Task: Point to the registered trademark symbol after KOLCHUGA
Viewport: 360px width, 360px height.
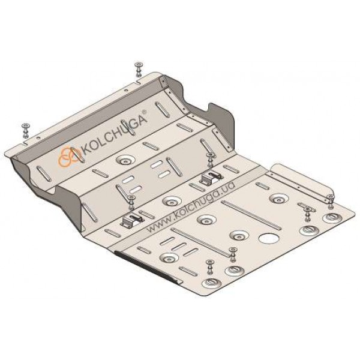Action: point(144,112)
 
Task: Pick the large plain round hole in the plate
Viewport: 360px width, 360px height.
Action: point(269,239)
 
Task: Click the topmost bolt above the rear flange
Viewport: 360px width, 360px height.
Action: point(139,70)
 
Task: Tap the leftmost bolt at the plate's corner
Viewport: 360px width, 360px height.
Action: point(25,131)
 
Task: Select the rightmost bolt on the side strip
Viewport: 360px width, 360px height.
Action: point(331,201)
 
